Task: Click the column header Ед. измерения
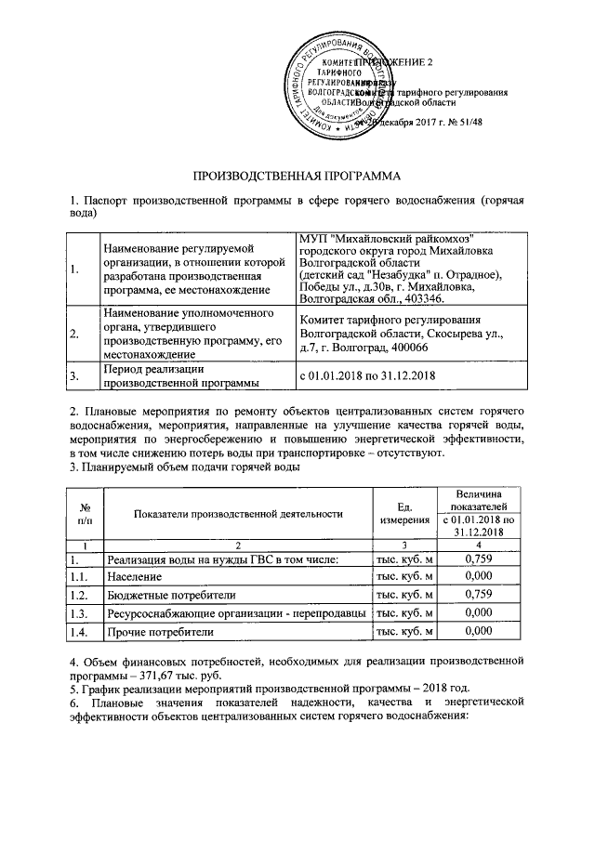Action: pos(403,513)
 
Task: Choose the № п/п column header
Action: pos(85,513)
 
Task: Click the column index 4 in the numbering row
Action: pos(477,544)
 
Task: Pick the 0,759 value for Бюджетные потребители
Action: pos(477,594)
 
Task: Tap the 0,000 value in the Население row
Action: pos(477,576)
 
